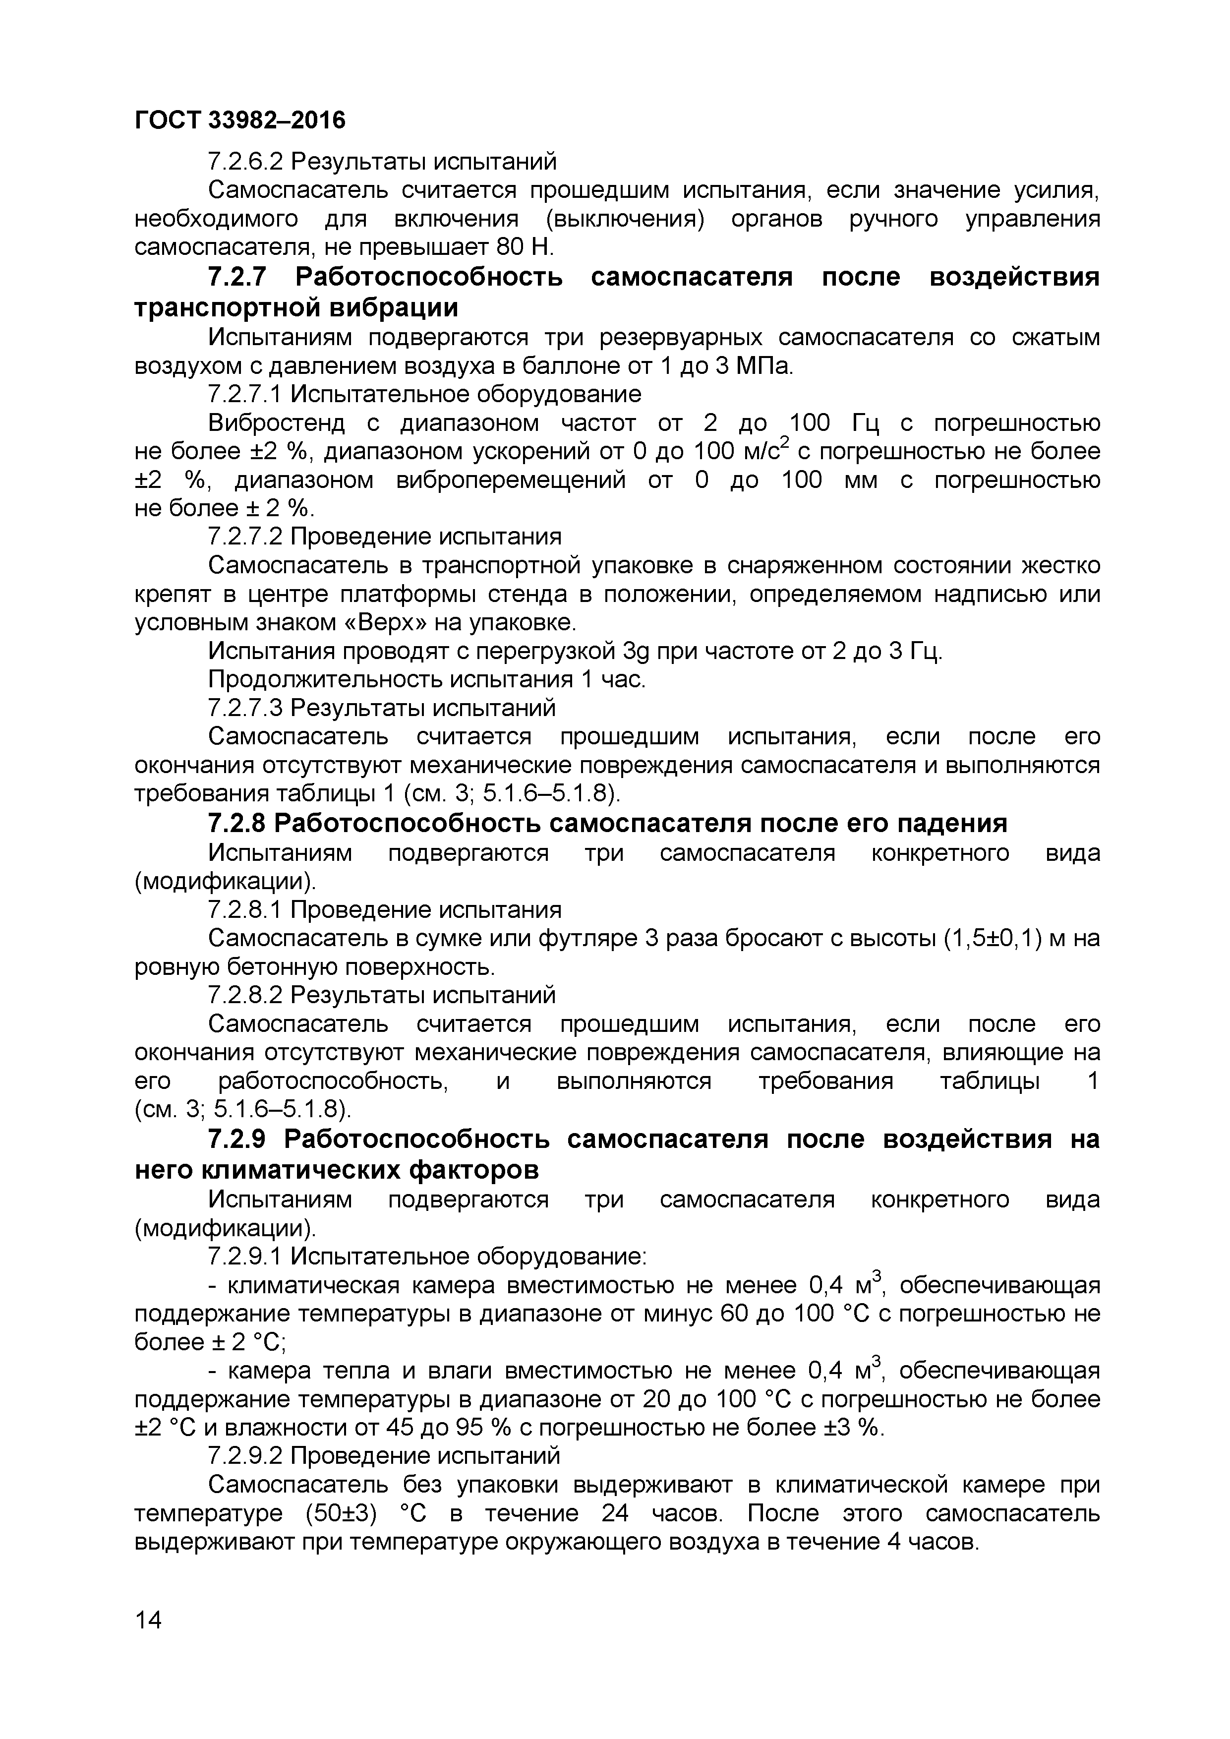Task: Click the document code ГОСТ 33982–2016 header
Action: tap(239, 120)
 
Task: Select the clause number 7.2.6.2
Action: tap(245, 161)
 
